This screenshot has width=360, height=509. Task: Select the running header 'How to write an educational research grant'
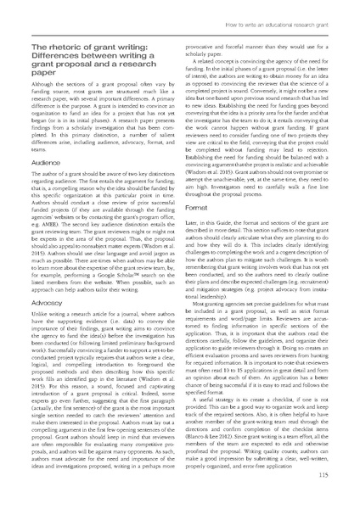289,9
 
